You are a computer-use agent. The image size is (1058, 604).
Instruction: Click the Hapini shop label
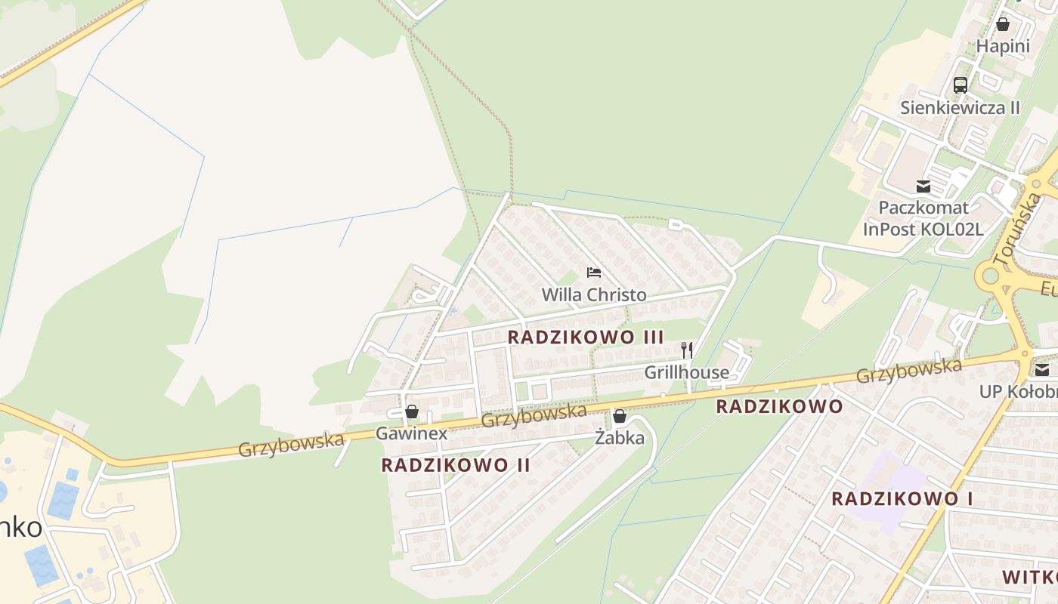tap(1003, 46)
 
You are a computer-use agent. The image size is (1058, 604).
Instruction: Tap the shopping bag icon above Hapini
tap(1003, 24)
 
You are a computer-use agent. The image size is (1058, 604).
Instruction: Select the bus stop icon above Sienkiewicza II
tap(961, 85)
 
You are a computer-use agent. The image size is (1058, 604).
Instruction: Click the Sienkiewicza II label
tap(960, 107)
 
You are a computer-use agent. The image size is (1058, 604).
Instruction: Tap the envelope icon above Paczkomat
tap(923, 186)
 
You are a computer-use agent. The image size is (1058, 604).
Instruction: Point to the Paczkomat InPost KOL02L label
tap(923, 217)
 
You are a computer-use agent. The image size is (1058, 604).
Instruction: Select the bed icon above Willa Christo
tap(594, 273)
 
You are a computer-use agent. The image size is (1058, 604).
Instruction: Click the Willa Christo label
tap(594, 294)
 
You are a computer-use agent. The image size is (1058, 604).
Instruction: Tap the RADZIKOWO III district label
tap(586, 337)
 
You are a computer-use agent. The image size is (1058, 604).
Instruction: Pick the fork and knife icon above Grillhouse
tap(687, 350)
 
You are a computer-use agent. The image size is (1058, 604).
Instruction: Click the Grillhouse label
tap(687, 372)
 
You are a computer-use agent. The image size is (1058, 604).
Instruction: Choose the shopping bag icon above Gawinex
tap(412, 411)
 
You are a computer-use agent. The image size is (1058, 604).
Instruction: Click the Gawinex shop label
tap(412, 433)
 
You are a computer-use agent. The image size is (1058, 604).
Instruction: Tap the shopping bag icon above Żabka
tap(620, 416)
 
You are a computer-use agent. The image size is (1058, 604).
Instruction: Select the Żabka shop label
tap(620, 438)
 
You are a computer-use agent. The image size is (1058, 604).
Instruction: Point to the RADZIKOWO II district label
tap(456, 465)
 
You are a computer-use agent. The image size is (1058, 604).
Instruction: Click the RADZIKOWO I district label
tap(902, 499)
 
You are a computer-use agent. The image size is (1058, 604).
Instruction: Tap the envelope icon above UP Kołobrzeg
tap(1043, 370)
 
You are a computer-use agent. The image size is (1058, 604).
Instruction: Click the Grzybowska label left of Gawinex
tap(291, 445)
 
